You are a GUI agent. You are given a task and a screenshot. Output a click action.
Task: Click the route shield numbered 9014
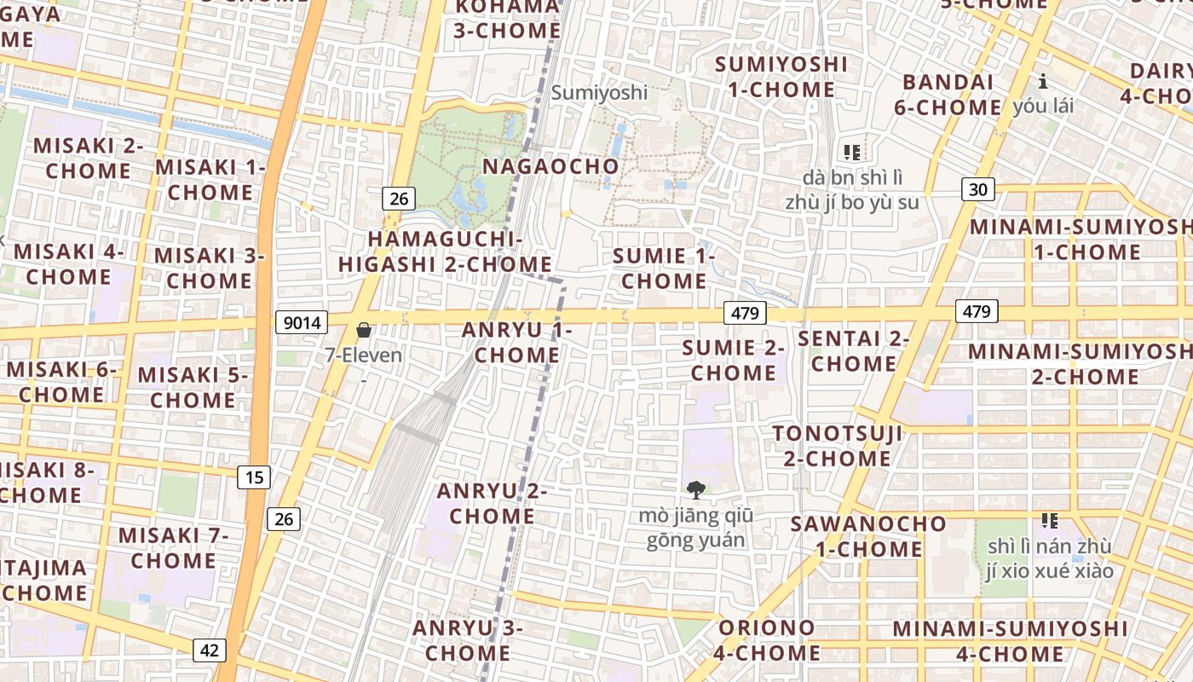pyautogui.click(x=302, y=322)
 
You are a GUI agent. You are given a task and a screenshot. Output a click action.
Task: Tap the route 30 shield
pyautogui.click(x=979, y=189)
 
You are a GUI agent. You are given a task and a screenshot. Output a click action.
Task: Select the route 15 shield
pyautogui.click(x=255, y=477)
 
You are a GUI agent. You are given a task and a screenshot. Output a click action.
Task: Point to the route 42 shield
pyautogui.click(x=209, y=650)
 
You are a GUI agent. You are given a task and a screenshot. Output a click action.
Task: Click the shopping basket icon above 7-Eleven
pyautogui.click(x=364, y=330)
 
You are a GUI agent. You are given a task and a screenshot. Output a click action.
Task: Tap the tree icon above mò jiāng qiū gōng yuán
pyautogui.click(x=695, y=490)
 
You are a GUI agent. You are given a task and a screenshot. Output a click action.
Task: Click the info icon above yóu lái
pyautogui.click(x=1042, y=82)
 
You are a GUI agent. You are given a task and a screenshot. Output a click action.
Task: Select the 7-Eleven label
pyautogui.click(x=364, y=355)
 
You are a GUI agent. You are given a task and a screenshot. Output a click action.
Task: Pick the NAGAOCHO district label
pyautogui.click(x=550, y=166)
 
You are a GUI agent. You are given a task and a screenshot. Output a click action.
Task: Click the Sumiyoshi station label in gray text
pyautogui.click(x=599, y=92)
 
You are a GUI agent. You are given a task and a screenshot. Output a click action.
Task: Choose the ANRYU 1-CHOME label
pyautogui.click(x=516, y=343)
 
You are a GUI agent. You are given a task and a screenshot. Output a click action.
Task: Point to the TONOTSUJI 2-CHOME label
pyautogui.click(x=837, y=446)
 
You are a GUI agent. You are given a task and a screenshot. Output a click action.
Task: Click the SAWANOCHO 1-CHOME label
pyautogui.click(x=868, y=535)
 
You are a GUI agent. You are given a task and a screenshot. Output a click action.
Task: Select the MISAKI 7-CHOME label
pyautogui.click(x=174, y=547)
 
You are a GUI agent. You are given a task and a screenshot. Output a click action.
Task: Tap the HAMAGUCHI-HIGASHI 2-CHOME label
pyautogui.click(x=445, y=251)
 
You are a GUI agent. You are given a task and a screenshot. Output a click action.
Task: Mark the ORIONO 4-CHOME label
pyautogui.click(x=767, y=640)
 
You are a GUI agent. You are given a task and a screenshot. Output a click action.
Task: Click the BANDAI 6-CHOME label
pyautogui.click(x=948, y=95)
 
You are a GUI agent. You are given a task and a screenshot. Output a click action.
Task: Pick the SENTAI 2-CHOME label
pyautogui.click(x=854, y=350)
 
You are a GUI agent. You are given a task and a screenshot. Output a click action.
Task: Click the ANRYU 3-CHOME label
pyautogui.click(x=467, y=640)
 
